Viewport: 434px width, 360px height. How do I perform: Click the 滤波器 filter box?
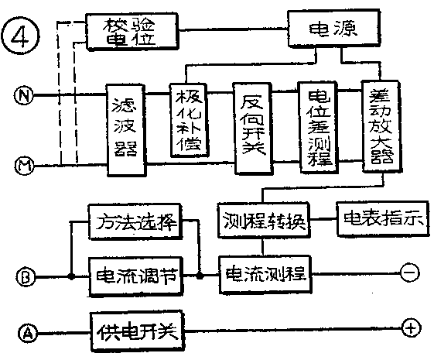pyautogui.click(x=126, y=129)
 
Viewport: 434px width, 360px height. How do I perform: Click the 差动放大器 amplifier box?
pyautogui.click(x=380, y=128)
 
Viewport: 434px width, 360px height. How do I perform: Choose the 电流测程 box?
pyautogui.click(x=265, y=273)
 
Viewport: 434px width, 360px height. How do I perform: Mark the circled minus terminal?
pyautogui.click(x=409, y=273)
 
